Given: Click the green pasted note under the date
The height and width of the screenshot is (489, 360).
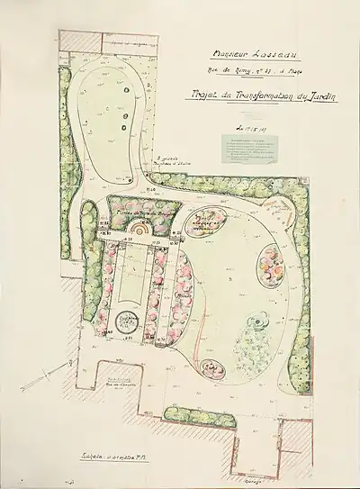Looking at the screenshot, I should (261, 152).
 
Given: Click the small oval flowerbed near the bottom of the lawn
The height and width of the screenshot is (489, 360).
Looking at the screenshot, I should (212, 367).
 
